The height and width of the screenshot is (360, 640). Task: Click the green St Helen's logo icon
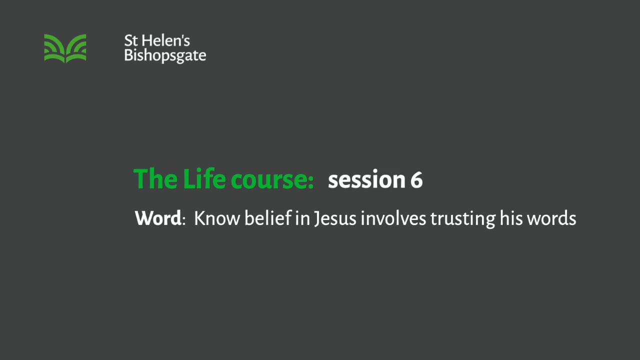click(x=65, y=48)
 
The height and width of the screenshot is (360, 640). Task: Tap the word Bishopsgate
click(x=165, y=55)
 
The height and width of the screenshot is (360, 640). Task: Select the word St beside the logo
click(x=130, y=41)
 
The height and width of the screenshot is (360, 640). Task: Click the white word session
click(x=366, y=180)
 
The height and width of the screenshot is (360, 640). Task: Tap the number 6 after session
click(x=416, y=180)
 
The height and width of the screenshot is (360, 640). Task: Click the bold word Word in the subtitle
click(x=157, y=218)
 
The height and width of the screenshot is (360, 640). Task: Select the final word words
click(x=552, y=218)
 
